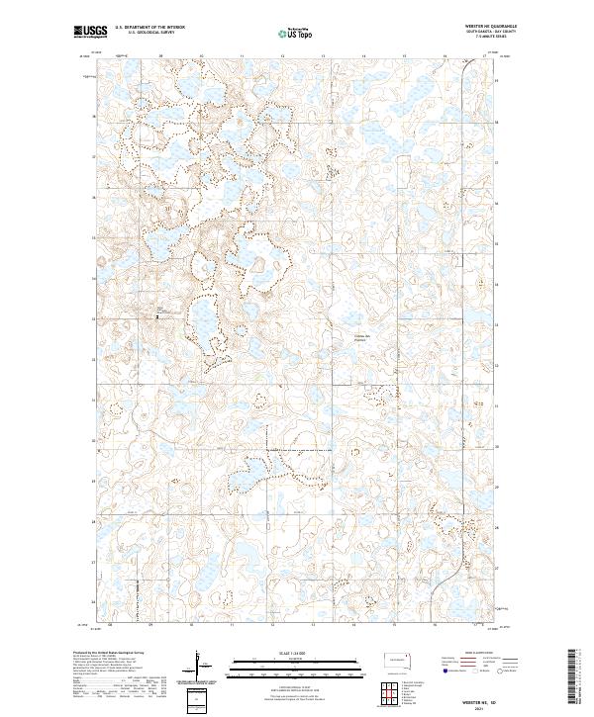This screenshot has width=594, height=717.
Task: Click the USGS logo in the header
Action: pos(90,33)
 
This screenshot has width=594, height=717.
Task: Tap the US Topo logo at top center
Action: pos(298,34)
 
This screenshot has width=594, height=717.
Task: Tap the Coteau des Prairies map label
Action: pos(363,338)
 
